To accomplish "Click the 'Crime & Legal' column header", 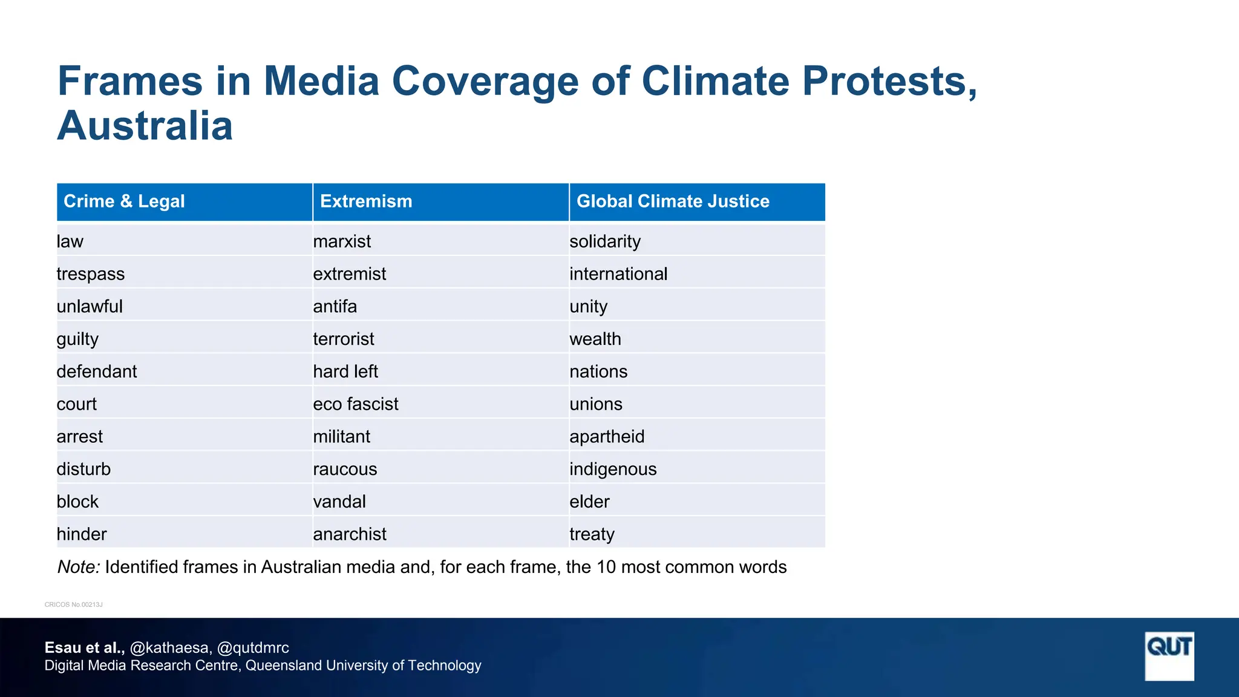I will click(124, 201).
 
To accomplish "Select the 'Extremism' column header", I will click(366, 201).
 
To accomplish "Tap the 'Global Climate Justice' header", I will click(673, 201).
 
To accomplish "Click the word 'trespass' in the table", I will click(91, 274).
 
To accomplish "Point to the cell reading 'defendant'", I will click(97, 371).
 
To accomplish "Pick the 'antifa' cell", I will click(335, 307).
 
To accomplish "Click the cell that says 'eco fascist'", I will click(356, 404).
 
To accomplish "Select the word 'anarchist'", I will click(350, 534).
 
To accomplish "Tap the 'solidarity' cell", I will click(605, 241).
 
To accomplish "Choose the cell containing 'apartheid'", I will click(607, 437).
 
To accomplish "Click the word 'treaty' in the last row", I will click(592, 534).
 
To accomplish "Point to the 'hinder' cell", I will click(82, 534).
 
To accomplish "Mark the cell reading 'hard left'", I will click(345, 371).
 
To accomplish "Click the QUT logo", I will click(1169, 656).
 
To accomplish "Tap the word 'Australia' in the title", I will click(145, 126).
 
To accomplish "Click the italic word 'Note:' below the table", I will click(79, 567).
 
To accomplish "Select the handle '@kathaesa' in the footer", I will click(169, 648).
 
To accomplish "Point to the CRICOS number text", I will click(74, 604).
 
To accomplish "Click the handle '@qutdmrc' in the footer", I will click(253, 648).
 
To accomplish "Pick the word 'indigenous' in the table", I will click(613, 470).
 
